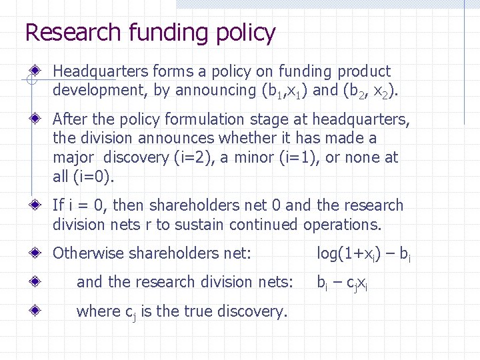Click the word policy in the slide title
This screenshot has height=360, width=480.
click(x=247, y=33)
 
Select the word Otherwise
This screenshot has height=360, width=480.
click(x=88, y=253)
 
